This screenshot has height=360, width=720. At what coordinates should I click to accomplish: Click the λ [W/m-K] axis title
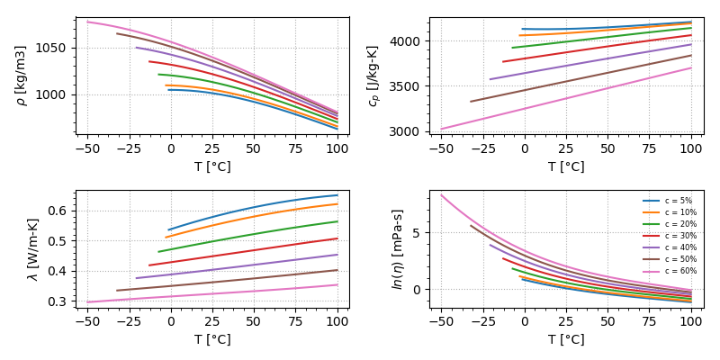click(x=33, y=249)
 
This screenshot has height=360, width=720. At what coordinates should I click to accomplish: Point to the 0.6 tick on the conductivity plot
click(x=62, y=211)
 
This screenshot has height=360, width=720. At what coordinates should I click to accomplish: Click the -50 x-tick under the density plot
click(x=87, y=147)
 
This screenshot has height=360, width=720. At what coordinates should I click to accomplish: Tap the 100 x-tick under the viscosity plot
click(x=691, y=320)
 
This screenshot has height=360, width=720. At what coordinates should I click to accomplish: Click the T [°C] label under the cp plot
click(x=566, y=166)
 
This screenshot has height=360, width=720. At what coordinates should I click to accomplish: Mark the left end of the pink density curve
click(x=88, y=22)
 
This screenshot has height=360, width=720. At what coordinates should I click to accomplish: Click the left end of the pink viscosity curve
click(x=441, y=195)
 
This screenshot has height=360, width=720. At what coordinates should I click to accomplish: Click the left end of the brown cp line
click(x=471, y=101)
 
